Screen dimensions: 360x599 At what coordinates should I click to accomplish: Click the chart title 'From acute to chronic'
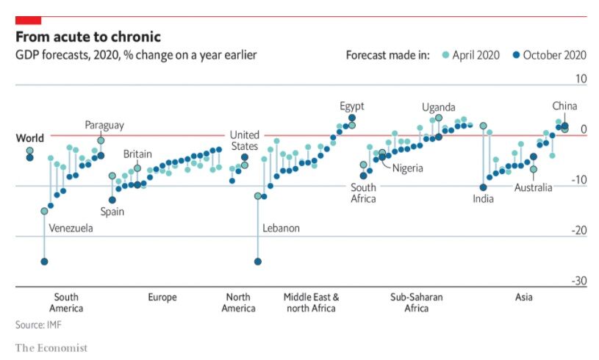pyautogui.click(x=88, y=37)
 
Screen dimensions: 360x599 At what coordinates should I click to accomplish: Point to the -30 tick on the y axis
pyautogui.click(x=578, y=281)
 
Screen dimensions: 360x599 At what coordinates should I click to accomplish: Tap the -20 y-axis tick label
pyautogui.click(x=578, y=230)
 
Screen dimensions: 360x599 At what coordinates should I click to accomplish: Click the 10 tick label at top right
pyautogui.click(x=581, y=79)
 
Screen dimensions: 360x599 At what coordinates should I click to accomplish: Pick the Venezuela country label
pyautogui.click(x=71, y=228)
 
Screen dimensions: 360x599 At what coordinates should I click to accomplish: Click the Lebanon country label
pyautogui.click(x=281, y=228)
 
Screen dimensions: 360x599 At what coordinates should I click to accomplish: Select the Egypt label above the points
pyautogui.click(x=351, y=107)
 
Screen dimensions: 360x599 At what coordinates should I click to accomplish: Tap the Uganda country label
pyautogui.click(x=438, y=107)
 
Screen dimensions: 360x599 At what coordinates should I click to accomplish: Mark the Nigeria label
pyautogui.click(x=407, y=168)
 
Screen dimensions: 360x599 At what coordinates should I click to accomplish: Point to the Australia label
pyautogui.click(x=533, y=188)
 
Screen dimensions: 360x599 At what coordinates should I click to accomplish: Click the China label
pyautogui.click(x=564, y=107)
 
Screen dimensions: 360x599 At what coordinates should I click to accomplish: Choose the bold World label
pyautogui.click(x=30, y=138)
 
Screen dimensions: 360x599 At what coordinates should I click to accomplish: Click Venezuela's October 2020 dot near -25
pyautogui.click(x=45, y=262)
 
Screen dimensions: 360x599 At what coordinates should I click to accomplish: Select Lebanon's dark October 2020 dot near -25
pyautogui.click(x=258, y=262)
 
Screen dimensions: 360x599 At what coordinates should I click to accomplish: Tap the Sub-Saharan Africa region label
pyautogui.click(x=416, y=303)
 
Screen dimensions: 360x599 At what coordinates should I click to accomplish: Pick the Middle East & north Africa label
pyautogui.click(x=311, y=303)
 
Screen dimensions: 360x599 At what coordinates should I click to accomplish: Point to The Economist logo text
pyautogui.click(x=51, y=348)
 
